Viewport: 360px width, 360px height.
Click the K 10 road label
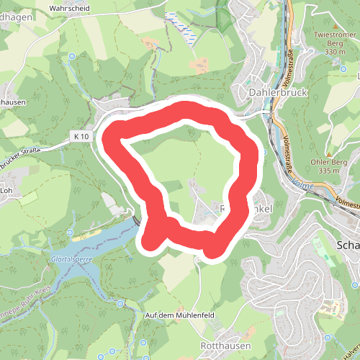[x=80, y=136]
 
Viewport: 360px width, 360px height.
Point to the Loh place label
[x=8, y=191]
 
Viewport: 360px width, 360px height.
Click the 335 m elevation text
[x=328, y=171]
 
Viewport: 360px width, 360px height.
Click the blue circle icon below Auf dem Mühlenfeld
[x=143, y=342]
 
